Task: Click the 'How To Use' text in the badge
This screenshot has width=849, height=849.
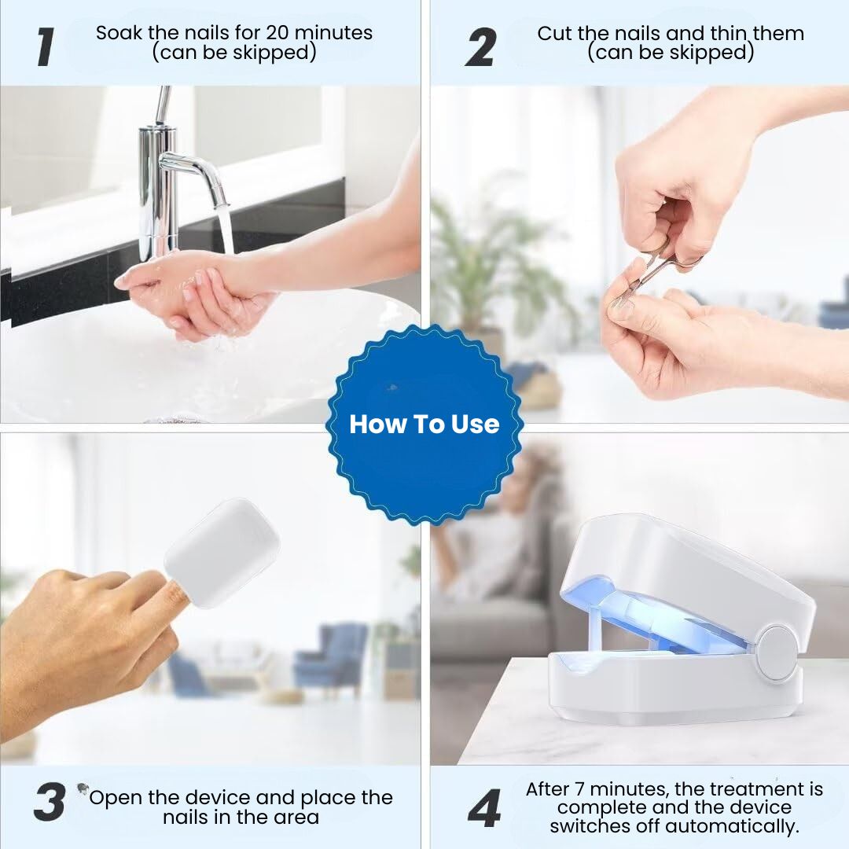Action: [x=424, y=424]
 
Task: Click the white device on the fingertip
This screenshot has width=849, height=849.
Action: [x=221, y=552]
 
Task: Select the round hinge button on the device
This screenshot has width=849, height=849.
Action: [x=776, y=653]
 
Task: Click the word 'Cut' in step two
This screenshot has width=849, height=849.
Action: [x=554, y=34]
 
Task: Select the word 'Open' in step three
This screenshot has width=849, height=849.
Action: [x=116, y=797]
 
